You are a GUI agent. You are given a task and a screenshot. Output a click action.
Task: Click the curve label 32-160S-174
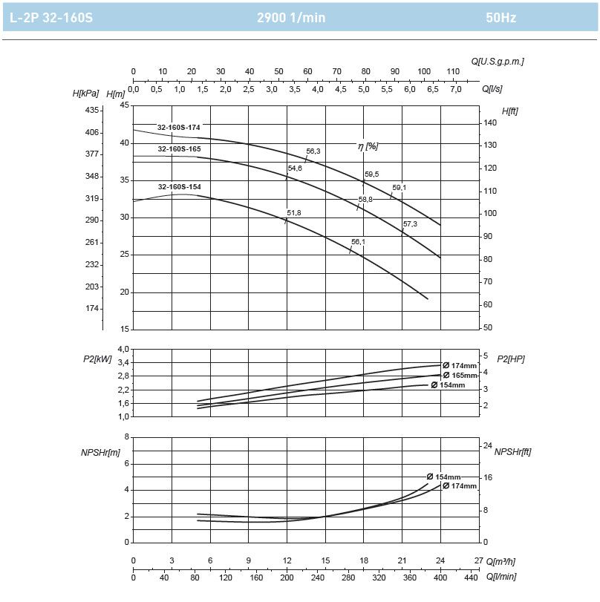click(x=178, y=128)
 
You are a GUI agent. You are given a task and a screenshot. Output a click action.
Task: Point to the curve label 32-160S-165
click(x=178, y=149)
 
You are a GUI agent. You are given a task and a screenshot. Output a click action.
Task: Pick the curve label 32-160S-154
click(x=178, y=186)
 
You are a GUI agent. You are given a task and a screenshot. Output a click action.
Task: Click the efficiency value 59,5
click(x=371, y=174)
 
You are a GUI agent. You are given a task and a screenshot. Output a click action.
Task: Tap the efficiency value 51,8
click(x=294, y=213)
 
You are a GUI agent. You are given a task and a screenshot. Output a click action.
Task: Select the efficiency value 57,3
click(x=410, y=223)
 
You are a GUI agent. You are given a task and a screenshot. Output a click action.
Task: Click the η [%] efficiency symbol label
click(x=368, y=147)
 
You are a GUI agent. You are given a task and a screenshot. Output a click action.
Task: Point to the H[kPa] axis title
click(x=88, y=94)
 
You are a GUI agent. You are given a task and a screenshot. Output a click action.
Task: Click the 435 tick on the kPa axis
click(x=92, y=110)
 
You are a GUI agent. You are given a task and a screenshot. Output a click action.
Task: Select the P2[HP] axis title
click(x=511, y=359)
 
